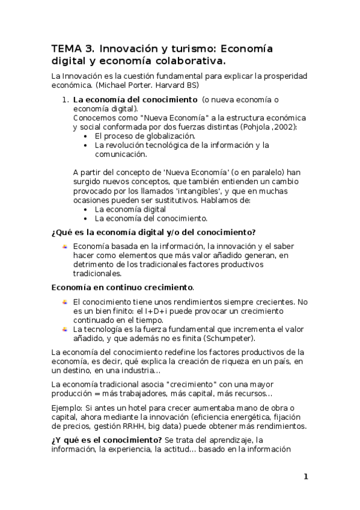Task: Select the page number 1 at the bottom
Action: click(x=305, y=477)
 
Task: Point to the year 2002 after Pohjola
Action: click(x=285, y=127)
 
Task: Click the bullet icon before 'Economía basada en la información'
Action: click(x=64, y=246)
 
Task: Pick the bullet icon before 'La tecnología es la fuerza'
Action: click(x=64, y=329)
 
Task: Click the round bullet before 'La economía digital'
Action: click(x=88, y=209)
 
